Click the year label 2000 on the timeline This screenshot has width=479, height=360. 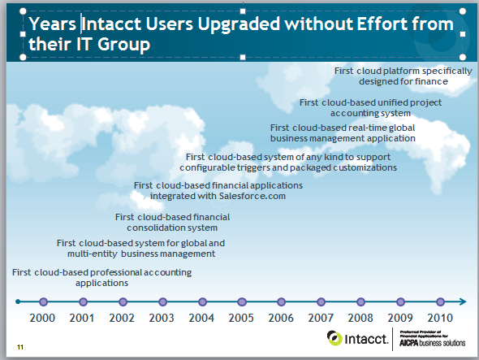coord(42,318)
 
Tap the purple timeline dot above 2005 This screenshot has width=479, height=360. coord(242,301)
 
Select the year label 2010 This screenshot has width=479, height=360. coord(440,318)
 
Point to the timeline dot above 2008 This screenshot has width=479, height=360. coord(360,301)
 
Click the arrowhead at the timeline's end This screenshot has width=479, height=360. coord(463,301)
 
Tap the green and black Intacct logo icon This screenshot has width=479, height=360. coord(334,338)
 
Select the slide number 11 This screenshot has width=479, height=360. coord(20,347)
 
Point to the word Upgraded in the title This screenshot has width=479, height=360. coord(239,24)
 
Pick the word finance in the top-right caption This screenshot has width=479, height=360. coord(433,81)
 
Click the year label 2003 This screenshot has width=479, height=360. coord(162,318)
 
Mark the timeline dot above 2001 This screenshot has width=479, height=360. coord(83,301)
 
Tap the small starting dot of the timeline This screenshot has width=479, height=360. coord(18,301)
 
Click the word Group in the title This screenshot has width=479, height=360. coord(123,45)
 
